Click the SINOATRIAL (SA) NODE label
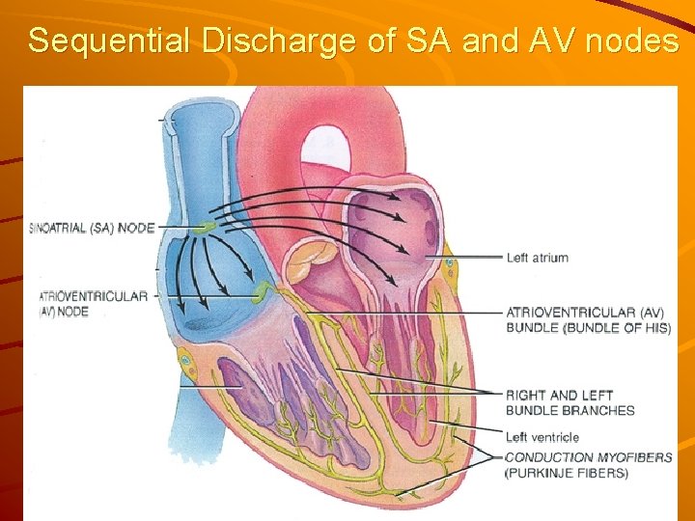(93, 228)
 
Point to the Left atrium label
(537, 258)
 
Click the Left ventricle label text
(542, 437)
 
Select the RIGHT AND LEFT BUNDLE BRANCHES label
(570, 402)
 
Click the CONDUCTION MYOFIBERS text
(589, 457)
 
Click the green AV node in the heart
(263, 288)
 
